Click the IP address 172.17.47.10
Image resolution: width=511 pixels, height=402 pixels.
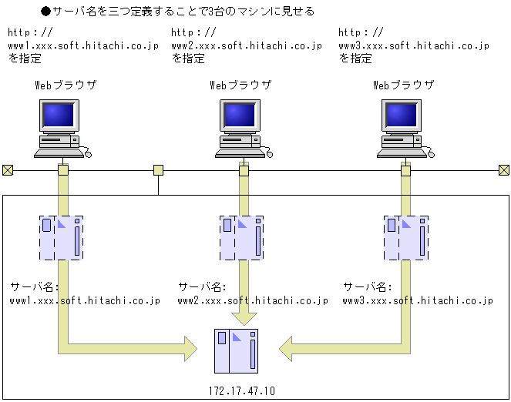(241, 391)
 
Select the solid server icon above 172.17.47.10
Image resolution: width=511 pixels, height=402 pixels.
(236, 350)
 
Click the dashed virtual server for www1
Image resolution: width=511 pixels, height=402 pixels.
(61, 238)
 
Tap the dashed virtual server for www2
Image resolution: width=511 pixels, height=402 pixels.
(241, 238)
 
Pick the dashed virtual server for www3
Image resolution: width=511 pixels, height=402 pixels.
(405, 238)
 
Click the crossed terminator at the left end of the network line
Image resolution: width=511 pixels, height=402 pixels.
(8, 170)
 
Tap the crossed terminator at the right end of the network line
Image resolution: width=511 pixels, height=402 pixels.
(504, 170)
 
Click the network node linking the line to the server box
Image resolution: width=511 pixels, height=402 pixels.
(158, 170)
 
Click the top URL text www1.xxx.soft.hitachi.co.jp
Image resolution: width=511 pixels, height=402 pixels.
(82, 45)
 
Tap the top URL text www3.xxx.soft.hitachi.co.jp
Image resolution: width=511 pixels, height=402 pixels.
(414, 45)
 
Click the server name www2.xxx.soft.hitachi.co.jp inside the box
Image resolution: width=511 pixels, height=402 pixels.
(253, 300)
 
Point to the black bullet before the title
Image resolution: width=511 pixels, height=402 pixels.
(45, 12)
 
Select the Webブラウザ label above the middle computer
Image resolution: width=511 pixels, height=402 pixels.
(240, 85)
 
